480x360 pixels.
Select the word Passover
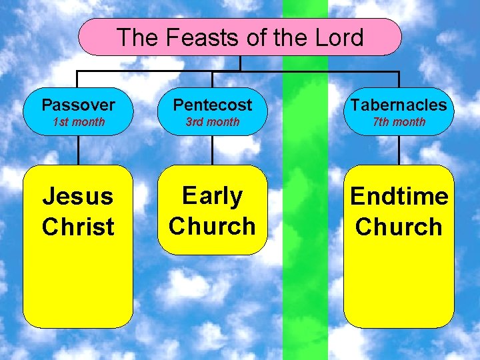(x=78, y=105)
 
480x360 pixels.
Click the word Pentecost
(x=213, y=105)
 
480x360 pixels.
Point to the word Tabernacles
(x=399, y=105)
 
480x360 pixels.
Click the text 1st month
(x=78, y=122)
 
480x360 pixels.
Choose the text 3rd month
(x=213, y=122)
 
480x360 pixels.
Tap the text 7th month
(x=399, y=122)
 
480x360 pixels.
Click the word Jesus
(x=78, y=197)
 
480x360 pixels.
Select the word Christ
(x=78, y=227)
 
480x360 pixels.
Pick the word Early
(x=213, y=196)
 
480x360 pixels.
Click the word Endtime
(x=399, y=197)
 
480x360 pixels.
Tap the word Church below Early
(x=213, y=226)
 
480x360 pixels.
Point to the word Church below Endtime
(x=399, y=227)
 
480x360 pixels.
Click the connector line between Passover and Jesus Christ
(x=78, y=150)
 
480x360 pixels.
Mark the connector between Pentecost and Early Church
(x=213, y=150)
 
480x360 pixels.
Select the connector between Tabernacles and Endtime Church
(x=399, y=150)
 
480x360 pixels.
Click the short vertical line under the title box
(x=240, y=63)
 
